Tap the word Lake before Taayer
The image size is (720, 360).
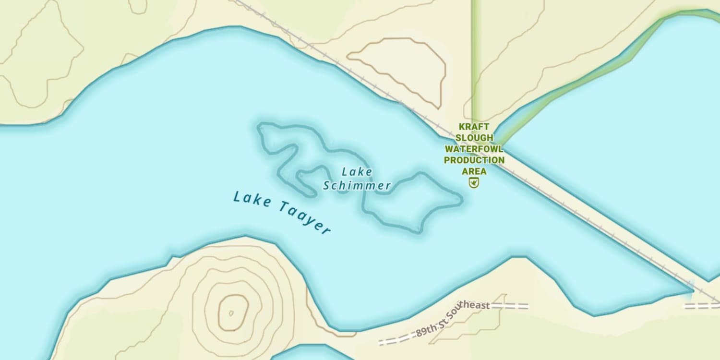coord(252,199)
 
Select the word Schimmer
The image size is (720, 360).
coord(357,186)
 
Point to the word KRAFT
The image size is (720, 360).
coord(474,127)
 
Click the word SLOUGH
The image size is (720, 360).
coord(474,138)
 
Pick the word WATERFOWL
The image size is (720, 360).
coord(474,149)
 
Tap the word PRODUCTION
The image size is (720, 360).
coord(474,160)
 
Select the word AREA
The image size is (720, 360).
coord(474,171)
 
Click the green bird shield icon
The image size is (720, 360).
coord(474,182)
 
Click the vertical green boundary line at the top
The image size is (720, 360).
coord(472,58)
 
